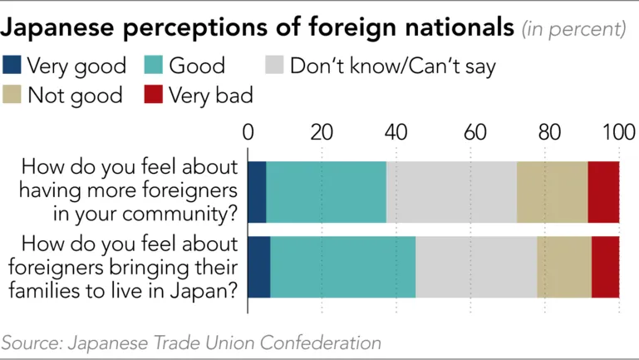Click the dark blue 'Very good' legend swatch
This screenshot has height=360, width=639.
(x=13, y=66)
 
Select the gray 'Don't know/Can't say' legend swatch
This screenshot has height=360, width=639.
(x=275, y=66)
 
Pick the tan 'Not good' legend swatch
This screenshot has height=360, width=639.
(x=13, y=95)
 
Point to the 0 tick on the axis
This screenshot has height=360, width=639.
(x=248, y=133)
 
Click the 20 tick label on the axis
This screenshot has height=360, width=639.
(x=322, y=133)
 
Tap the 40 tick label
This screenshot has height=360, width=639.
(x=396, y=133)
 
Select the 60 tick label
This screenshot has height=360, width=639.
(x=470, y=133)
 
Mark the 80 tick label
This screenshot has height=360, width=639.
(x=544, y=133)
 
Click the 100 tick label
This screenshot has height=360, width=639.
(x=619, y=133)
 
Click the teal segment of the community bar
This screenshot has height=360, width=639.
(x=326, y=192)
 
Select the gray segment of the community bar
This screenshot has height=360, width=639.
(x=451, y=192)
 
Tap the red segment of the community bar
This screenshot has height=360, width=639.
(x=603, y=192)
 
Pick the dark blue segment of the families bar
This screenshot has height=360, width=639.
(x=259, y=266)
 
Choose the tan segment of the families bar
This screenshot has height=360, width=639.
(x=564, y=266)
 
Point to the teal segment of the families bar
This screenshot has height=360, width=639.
(x=342, y=266)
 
